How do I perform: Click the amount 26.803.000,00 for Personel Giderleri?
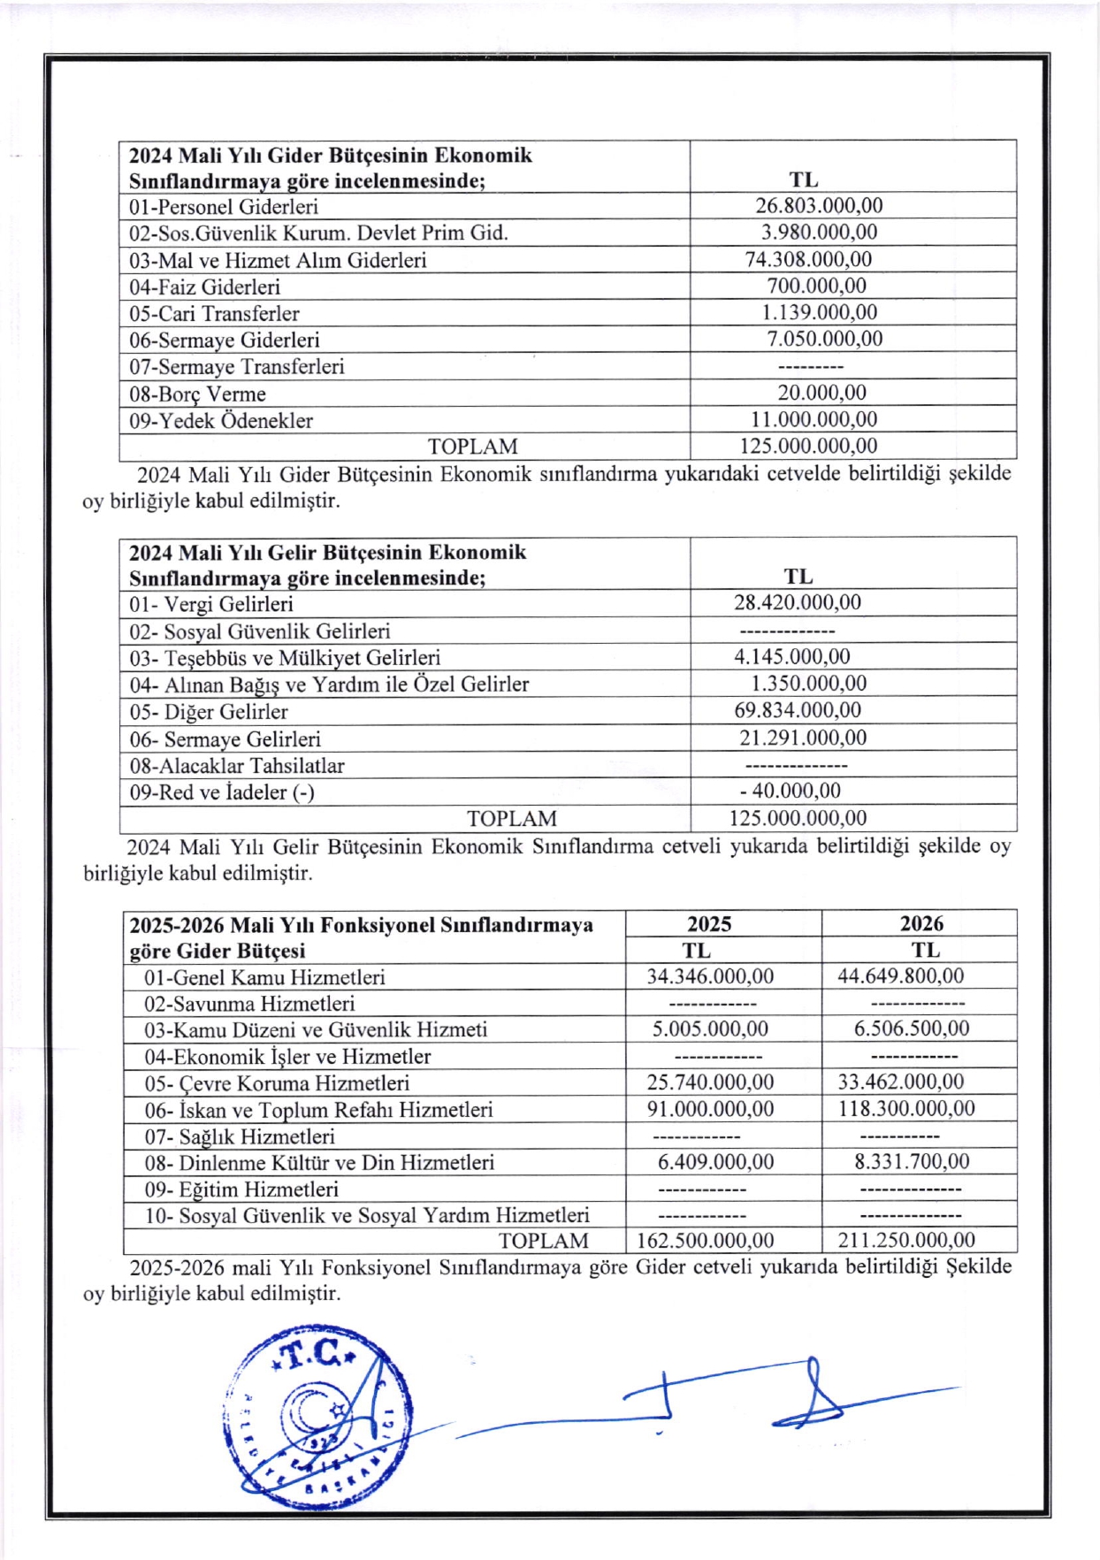click(818, 206)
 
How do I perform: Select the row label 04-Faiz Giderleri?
click(204, 287)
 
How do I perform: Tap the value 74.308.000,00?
click(808, 259)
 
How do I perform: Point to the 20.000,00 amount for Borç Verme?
click(821, 393)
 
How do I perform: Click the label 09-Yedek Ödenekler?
click(221, 420)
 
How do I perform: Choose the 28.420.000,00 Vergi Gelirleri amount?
click(797, 603)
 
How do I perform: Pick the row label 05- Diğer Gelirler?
click(209, 712)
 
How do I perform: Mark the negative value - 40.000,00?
click(791, 791)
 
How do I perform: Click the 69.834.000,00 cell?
click(797, 710)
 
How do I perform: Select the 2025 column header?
click(709, 924)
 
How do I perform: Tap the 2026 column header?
click(921, 923)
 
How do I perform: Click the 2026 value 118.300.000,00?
click(906, 1109)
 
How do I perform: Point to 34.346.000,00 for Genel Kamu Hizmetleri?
click(710, 976)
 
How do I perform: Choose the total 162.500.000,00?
click(705, 1241)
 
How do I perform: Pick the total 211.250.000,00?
click(906, 1240)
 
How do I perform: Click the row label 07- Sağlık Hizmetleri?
click(240, 1136)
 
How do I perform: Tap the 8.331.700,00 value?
click(912, 1162)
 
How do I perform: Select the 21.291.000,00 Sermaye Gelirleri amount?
click(803, 738)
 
